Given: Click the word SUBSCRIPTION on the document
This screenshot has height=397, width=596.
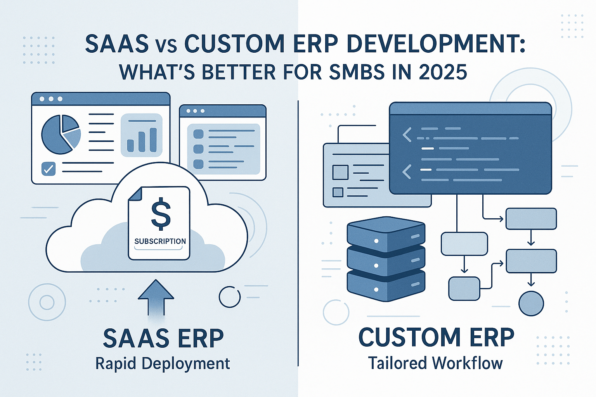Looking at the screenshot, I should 160,241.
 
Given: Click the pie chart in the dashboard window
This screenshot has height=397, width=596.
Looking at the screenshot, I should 61,134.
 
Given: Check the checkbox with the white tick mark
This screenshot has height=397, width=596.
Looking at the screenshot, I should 49,169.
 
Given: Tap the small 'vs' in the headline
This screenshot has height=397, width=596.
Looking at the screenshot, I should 167,45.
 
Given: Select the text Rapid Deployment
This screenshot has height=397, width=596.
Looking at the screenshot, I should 163,364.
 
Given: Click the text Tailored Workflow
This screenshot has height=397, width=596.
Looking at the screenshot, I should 435,363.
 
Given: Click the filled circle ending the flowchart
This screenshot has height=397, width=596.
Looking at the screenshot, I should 531,303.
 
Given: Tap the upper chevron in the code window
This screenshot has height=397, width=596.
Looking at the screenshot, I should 407,135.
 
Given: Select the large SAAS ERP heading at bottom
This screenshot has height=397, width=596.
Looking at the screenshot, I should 163,338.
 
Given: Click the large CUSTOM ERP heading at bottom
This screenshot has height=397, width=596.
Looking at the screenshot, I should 436,337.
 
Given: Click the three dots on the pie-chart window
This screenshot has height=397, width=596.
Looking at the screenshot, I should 51,99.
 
